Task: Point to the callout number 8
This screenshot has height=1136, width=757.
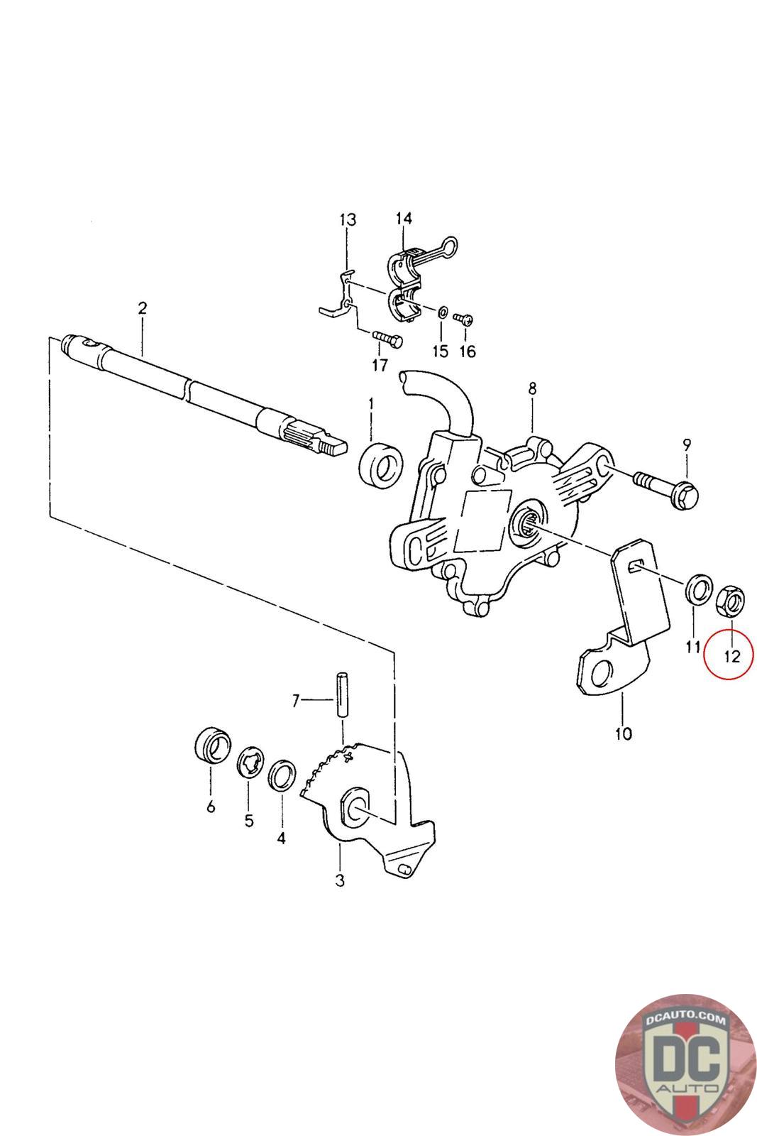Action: pyautogui.click(x=532, y=388)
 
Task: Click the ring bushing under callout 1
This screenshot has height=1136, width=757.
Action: pyautogui.click(x=381, y=466)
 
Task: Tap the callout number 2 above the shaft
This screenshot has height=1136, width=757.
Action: pyautogui.click(x=143, y=308)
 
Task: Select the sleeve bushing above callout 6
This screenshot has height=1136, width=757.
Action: pyautogui.click(x=212, y=745)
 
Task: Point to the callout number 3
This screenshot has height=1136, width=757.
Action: pyautogui.click(x=340, y=880)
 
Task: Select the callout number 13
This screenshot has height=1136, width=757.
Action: pyautogui.click(x=347, y=220)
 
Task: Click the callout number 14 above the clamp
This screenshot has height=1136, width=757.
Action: pyautogui.click(x=404, y=219)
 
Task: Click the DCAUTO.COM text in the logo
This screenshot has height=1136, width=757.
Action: pyautogui.click(x=685, y=1019)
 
